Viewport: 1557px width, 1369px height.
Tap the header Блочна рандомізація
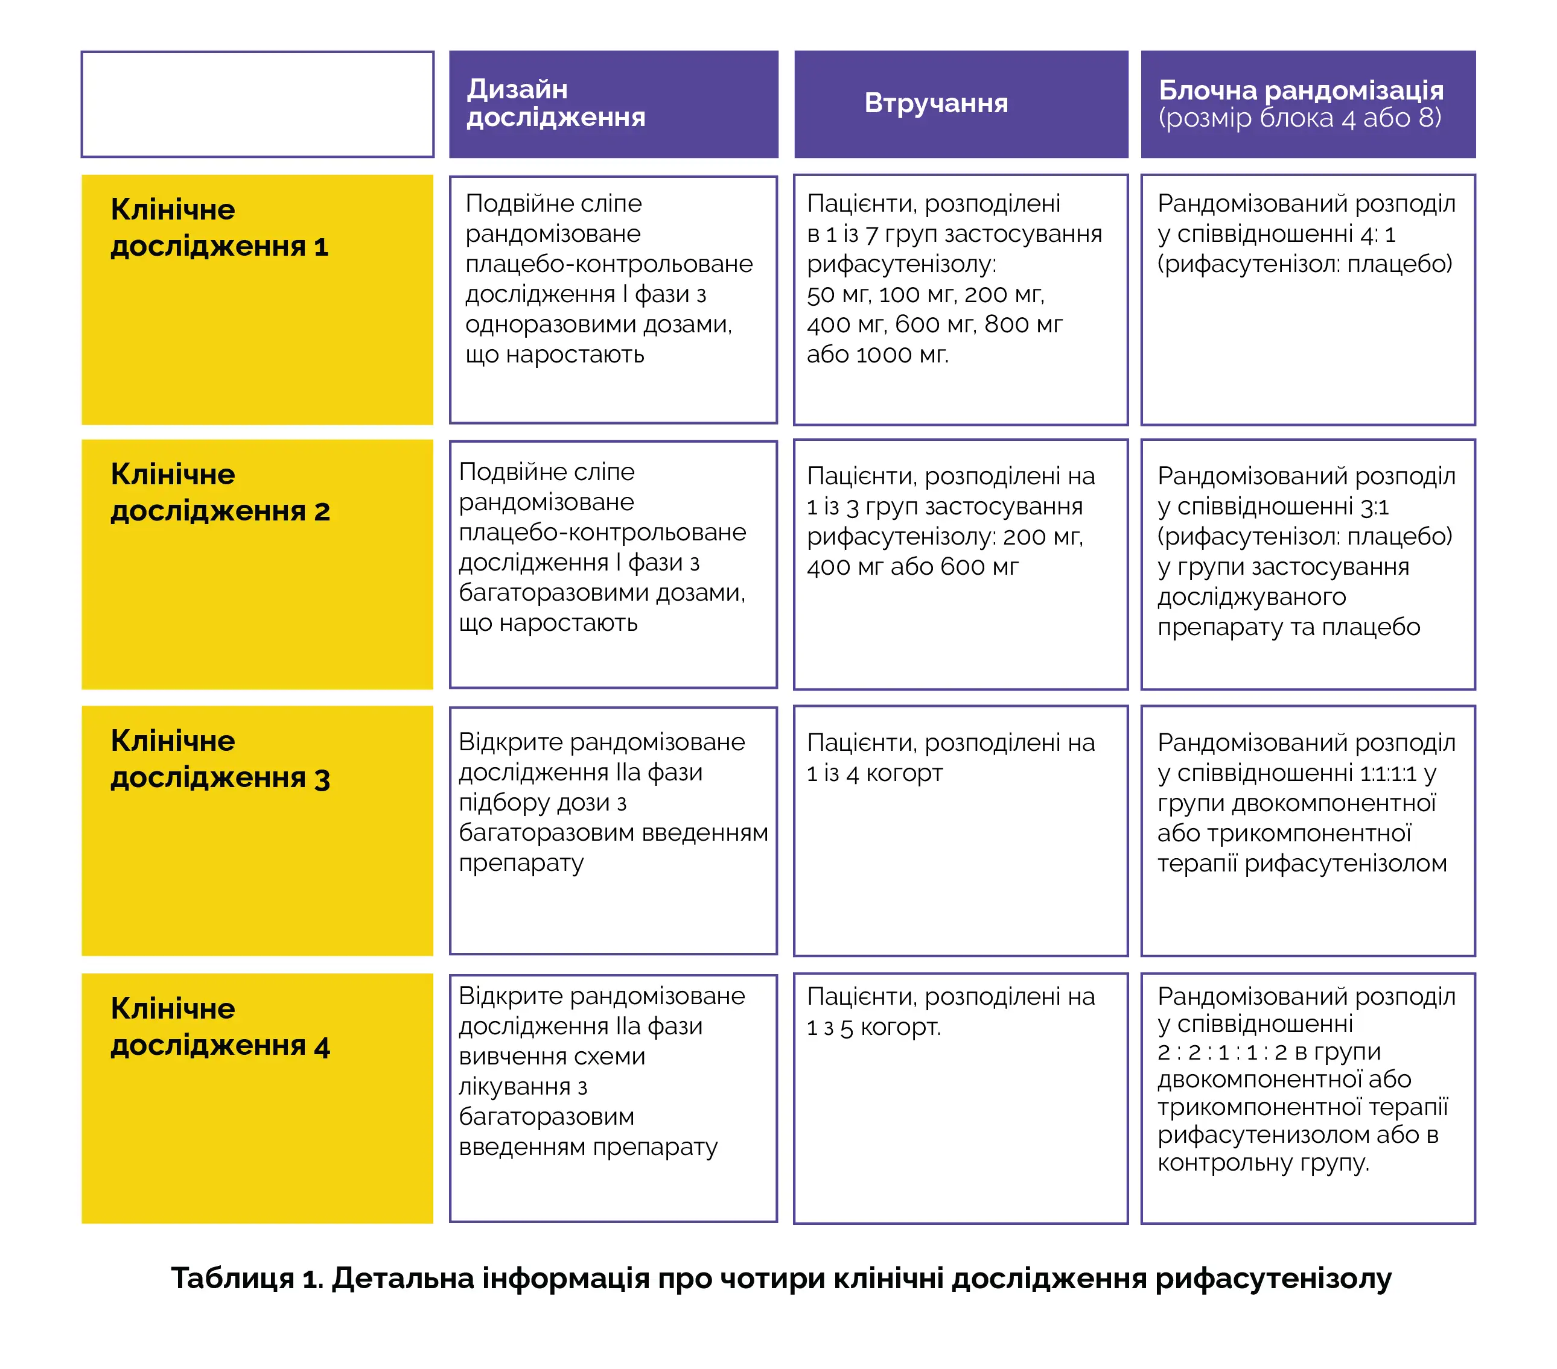(1301, 90)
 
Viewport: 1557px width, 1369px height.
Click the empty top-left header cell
(258, 104)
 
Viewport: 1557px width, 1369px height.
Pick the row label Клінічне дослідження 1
(220, 227)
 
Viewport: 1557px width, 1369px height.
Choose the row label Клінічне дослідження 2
(220, 492)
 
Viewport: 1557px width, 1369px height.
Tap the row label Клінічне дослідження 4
(220, 1026)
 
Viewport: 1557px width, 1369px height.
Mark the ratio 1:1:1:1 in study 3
(1387, 774)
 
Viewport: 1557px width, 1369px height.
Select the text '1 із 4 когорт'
(874, 774)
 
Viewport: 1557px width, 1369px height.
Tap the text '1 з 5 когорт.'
(874, 1027)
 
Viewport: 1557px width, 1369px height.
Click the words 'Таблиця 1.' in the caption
(247, 1279)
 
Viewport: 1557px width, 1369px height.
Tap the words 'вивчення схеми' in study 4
(552, 1057)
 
